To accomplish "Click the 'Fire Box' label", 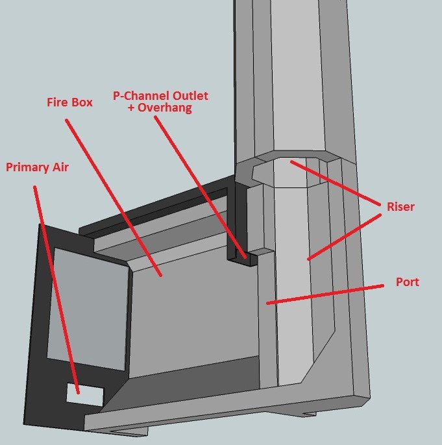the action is [x=69, y=102].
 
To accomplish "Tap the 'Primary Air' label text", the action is [x=37, y=167].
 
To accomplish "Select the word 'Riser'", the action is [x=400, y=206].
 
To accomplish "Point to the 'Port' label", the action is [x=408, y=282].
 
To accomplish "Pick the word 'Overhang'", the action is [x=165, y=108].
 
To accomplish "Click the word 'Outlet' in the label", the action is [x=190, y=95].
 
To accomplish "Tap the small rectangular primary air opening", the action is [x=84, y=394].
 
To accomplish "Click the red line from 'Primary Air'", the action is [x=56, y=290].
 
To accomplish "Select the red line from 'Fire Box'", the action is [x=114, y=197].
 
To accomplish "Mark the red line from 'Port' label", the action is [x=325, y=295].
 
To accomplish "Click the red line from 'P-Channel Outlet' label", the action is [x=200, y=187].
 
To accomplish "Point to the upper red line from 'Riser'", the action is [x=336, y=183].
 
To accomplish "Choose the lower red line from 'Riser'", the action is [x=344, y=237].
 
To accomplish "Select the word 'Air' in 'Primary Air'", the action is [x=60, y=167].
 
